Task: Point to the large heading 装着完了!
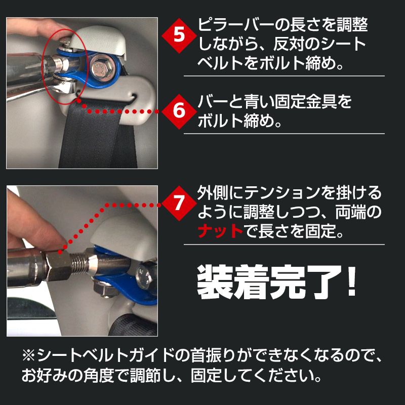point(268,282)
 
